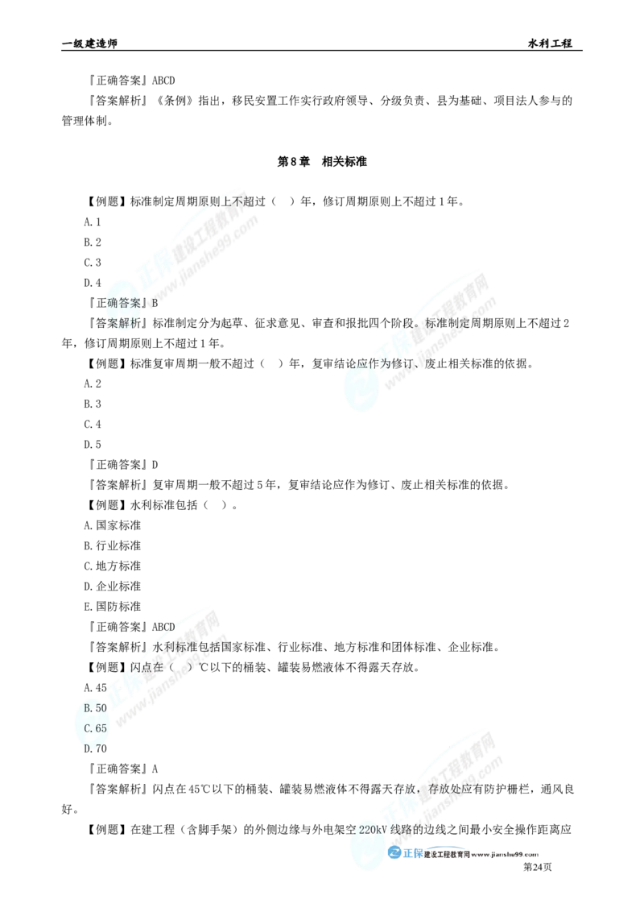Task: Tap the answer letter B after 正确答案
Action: [156, 304]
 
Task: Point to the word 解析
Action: [129, 323]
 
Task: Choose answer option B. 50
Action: [95, 707]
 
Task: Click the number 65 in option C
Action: [101, 728]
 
